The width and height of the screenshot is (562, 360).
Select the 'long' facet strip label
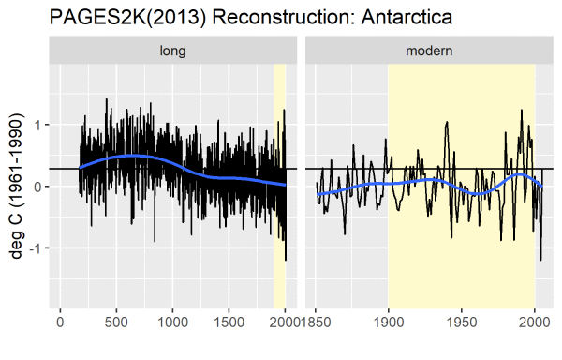[172, 51]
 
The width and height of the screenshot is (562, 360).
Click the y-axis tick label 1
[37, 125]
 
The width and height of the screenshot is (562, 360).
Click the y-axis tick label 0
[37, 186]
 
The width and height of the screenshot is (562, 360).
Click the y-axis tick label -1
[35, 247]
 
